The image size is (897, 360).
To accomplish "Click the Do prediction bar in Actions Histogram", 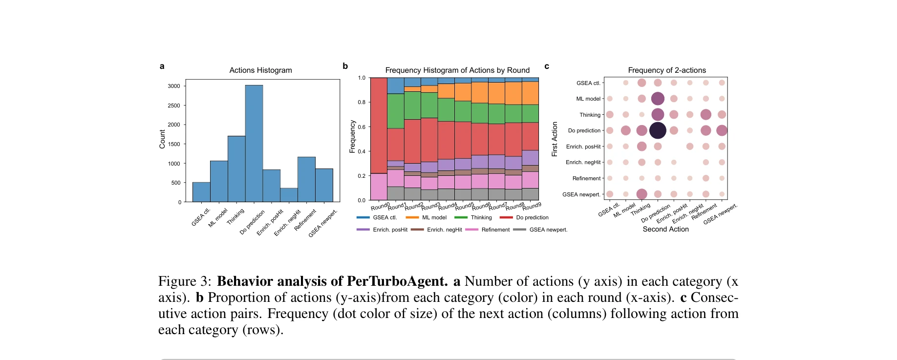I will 254,144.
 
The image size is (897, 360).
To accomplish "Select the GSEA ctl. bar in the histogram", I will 201,192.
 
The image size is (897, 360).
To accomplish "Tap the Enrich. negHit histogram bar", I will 289,195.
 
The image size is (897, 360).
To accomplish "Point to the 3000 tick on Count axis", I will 174,86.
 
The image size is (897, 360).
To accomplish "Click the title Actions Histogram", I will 260,70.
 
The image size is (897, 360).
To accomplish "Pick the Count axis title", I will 162,139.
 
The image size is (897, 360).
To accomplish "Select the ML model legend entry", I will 426,217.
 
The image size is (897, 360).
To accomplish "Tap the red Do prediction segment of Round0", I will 379,125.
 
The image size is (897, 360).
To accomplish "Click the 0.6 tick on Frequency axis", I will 362,127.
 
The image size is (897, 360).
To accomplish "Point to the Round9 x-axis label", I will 532,206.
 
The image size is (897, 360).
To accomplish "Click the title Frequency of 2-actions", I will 666,70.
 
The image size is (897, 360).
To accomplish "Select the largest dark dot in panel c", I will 658,130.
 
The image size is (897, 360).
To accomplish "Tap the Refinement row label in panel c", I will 586,178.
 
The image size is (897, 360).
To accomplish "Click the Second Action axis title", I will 665,229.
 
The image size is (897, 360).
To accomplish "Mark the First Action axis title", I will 555,139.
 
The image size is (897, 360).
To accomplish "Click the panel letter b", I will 345,66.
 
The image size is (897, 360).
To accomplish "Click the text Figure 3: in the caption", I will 184,281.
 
